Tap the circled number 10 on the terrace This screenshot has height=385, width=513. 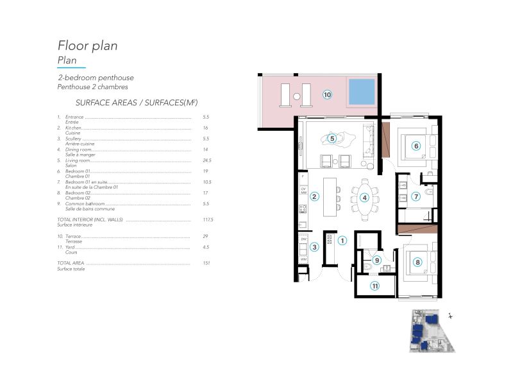pos(327,94)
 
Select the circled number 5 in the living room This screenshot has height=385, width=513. pos(332,137)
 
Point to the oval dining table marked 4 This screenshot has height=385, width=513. pos(364,198)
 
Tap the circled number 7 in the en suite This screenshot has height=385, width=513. pos(416,196)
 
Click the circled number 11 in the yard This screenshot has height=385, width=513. pos(375,286)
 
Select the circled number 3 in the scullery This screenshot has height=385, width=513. pos(314,246)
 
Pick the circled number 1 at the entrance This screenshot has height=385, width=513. pos(342,241)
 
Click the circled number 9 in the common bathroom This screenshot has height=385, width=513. pos(377,261)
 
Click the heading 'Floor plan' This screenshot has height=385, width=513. pos(87,46)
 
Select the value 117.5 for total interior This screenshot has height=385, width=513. pos(206,219)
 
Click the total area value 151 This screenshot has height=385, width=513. pos(206,264)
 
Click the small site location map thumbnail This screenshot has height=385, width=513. pos(431,330)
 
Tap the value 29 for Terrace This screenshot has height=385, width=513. pos(205,236)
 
